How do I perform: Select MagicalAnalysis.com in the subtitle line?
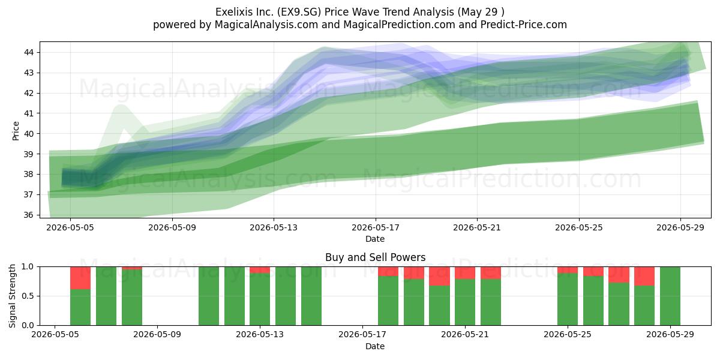tap(266, 25)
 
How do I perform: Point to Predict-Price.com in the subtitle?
tap(524, 25)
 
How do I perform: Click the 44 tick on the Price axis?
tap(29, 52)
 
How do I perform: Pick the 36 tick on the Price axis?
tap(29, 215)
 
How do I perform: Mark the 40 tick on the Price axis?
tap(29, 133)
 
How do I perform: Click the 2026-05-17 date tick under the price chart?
tap(376, 227)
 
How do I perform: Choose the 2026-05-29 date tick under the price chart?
tap(680, 227)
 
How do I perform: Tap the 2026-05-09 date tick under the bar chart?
tap(157, 335)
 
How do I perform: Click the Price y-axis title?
tap(16, 131)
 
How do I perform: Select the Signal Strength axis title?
tap(12, 296)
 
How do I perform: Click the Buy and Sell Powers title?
tap(376, 257)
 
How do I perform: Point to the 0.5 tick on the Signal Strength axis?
tap(28, 296)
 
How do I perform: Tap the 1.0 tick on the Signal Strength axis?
tap(28, 267)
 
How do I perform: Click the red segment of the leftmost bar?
tap(80, 278)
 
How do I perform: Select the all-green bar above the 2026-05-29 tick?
tap(670, 296)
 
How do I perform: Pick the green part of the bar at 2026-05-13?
tap(260, 299)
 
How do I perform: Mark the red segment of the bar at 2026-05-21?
tap(465, 273)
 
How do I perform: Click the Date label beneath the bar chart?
tap(375, 346)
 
